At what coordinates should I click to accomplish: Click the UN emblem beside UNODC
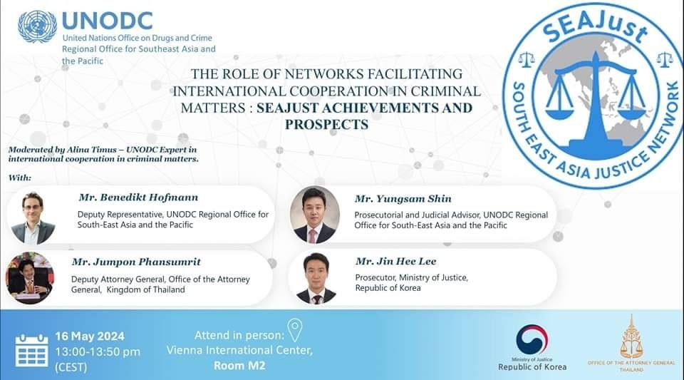click(x=37, y=26)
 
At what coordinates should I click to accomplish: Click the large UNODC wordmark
click(x=108, y=21)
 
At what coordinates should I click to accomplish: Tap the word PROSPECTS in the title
click(x=327, y=124)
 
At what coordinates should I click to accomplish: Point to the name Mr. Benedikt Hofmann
click(x=138, y=197)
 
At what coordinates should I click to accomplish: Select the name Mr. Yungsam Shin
click(x=403, y=199)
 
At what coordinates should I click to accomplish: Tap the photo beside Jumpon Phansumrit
click(x=30, y=278)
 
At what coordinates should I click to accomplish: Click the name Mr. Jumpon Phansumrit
click(x=136, y=262)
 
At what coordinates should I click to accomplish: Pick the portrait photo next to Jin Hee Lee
click(x=316, y=278)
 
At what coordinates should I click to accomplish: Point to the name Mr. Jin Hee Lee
click(x=395, y=262)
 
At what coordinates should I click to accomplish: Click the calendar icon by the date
click(x=32, y=350)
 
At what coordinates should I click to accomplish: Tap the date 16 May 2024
click(x=90, y=337)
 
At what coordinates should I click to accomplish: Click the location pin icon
click(x=295, y=330)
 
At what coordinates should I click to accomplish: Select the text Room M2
click(x=239, y=366)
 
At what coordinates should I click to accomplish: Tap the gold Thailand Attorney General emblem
click(x=631, y=337)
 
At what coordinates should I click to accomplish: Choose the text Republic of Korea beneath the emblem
click(x=532, y=367)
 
